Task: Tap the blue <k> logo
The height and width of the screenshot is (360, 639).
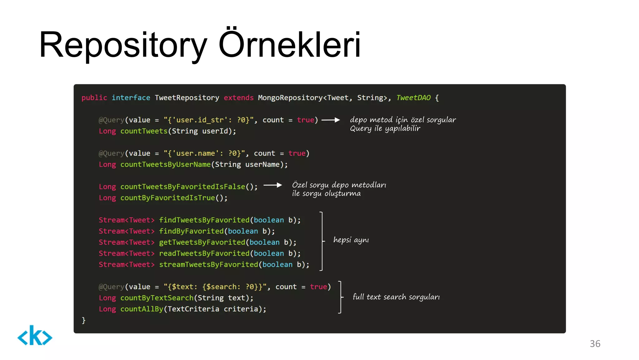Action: pos(35,336)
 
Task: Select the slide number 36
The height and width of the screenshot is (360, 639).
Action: pos(595,343)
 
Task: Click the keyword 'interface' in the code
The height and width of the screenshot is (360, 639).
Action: pos(131,98)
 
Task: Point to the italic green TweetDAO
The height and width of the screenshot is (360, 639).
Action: pos(413,98)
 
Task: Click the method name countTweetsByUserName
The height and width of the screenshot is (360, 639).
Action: pos(165,165)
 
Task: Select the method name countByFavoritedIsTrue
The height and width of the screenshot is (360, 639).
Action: pos(168,198)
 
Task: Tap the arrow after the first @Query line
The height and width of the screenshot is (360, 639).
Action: pos(330,120)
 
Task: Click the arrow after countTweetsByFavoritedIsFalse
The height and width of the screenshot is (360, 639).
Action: pos(272,185)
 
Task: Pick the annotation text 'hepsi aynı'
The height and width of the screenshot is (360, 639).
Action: pos(351,240)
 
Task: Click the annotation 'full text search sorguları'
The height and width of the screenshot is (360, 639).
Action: pos(396,297)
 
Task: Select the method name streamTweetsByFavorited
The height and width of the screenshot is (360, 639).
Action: pos(208,264)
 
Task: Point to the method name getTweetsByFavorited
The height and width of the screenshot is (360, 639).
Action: pos(202,242)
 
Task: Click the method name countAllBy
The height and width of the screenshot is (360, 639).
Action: pos(142,309)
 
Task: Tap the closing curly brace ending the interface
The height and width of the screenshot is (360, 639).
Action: pos(83,320)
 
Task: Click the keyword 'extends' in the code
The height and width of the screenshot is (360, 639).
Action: pos(238,98)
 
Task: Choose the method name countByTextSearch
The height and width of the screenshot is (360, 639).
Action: pos(157,298)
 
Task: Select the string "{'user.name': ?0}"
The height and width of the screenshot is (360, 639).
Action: pos(204,153)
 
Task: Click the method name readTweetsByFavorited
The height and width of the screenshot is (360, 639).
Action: pos(204,254)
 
